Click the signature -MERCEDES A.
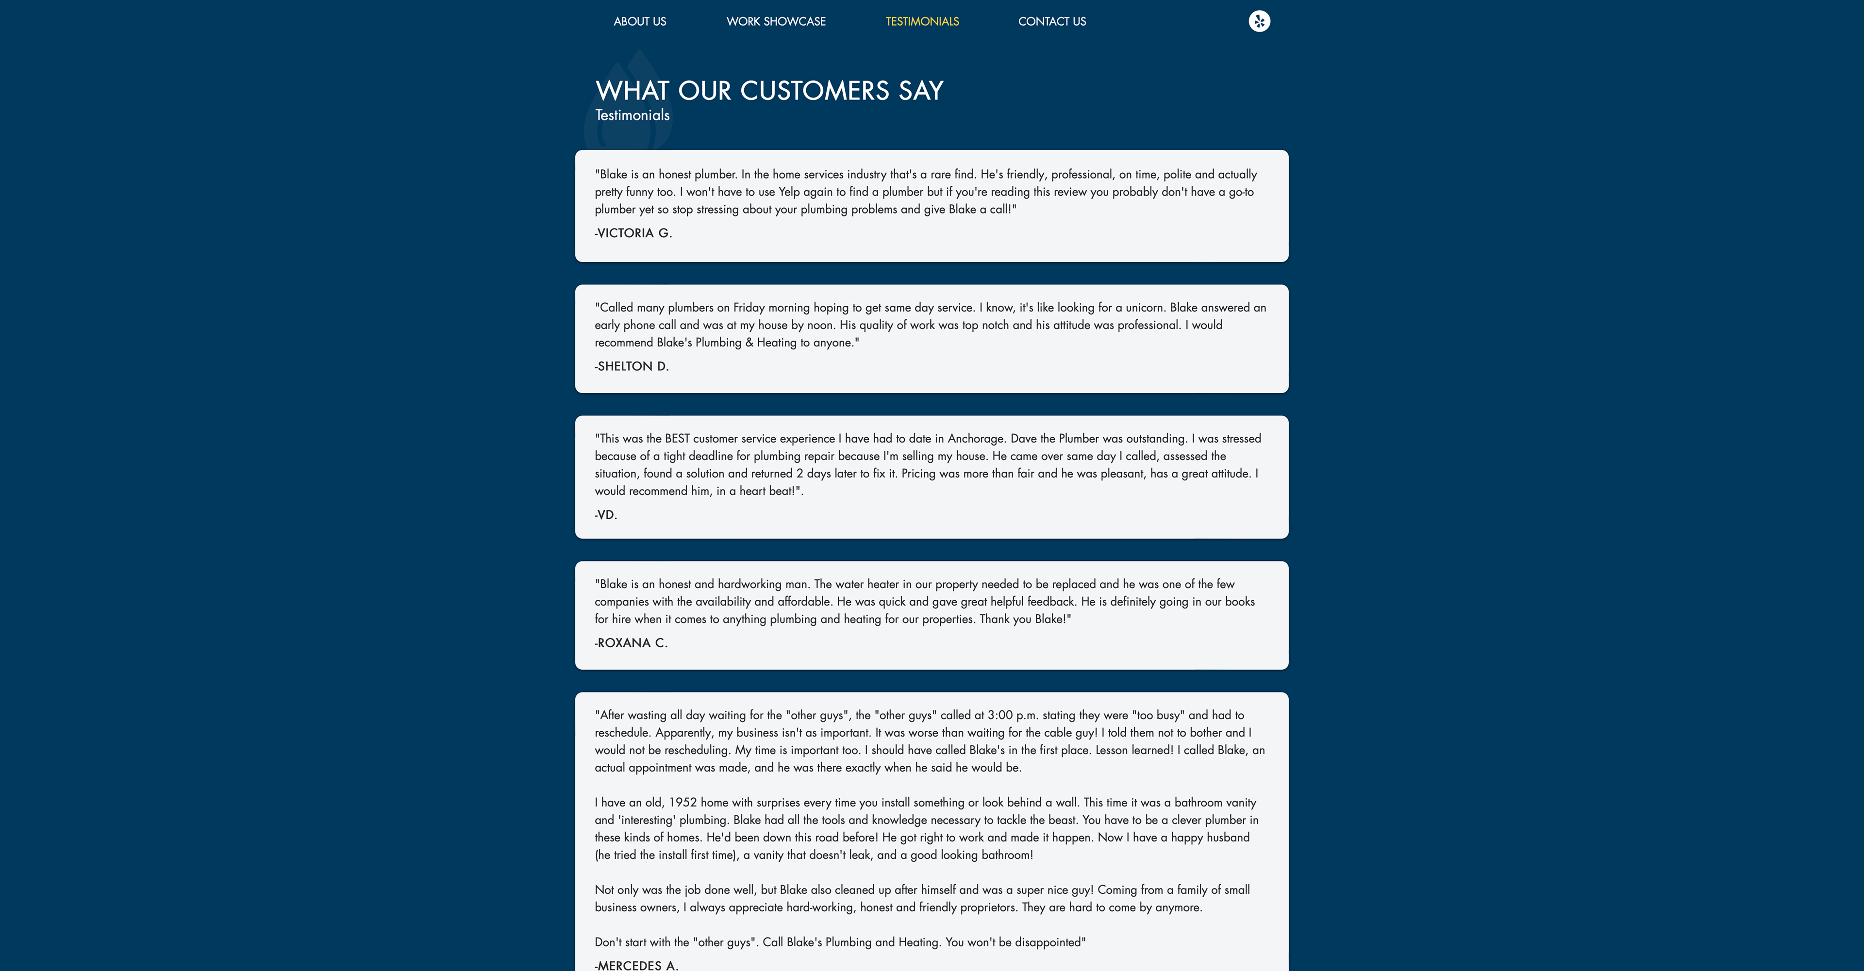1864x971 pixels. click(636, 965)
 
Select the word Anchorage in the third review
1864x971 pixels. click(975, 439)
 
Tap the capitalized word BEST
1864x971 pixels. click(677, 439)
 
